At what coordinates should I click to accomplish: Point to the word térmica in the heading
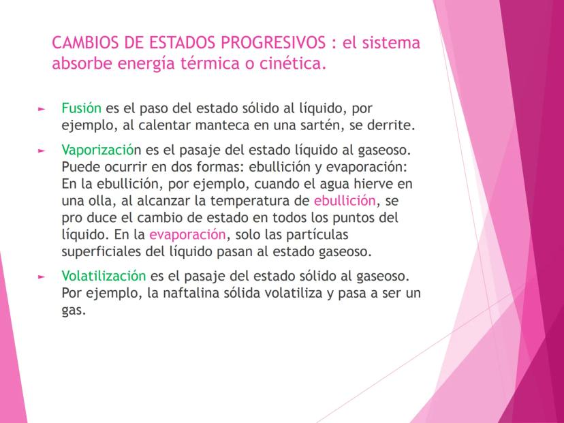[x=225, y=65]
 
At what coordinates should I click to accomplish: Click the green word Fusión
[x=81, y=108]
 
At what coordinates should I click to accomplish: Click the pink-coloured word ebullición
[x=345, y=201]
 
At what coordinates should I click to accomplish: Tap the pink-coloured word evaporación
[x=187, y=235]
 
